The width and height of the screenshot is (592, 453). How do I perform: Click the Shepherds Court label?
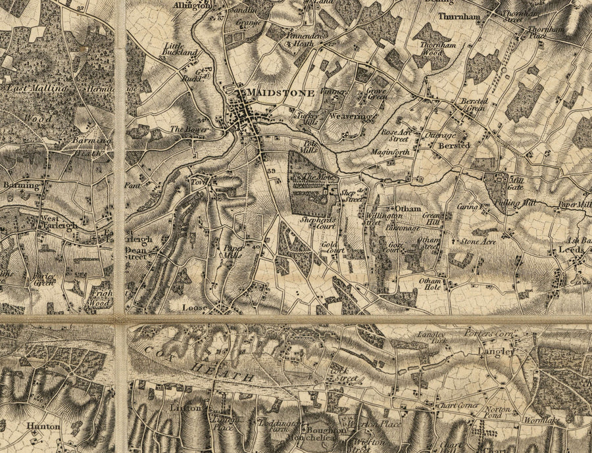tap(313, 223)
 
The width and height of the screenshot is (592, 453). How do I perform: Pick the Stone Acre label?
tap(478, 241)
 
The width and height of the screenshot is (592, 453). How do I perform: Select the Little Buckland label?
tap(180, 48)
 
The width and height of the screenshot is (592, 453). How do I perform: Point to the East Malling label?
tap(36, 87)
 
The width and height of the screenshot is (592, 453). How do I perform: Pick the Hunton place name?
tap(43, 426)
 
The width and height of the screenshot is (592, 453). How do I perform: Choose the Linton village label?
tap(184, 408)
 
